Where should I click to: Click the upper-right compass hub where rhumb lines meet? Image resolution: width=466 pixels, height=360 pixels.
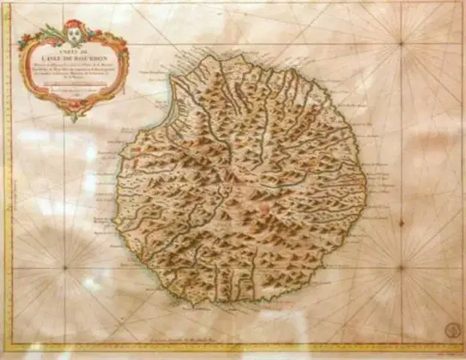(401, 43)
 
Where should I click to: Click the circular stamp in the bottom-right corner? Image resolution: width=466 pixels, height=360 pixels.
(450, 328)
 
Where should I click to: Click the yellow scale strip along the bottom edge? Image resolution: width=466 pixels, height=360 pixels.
(233, 348)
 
